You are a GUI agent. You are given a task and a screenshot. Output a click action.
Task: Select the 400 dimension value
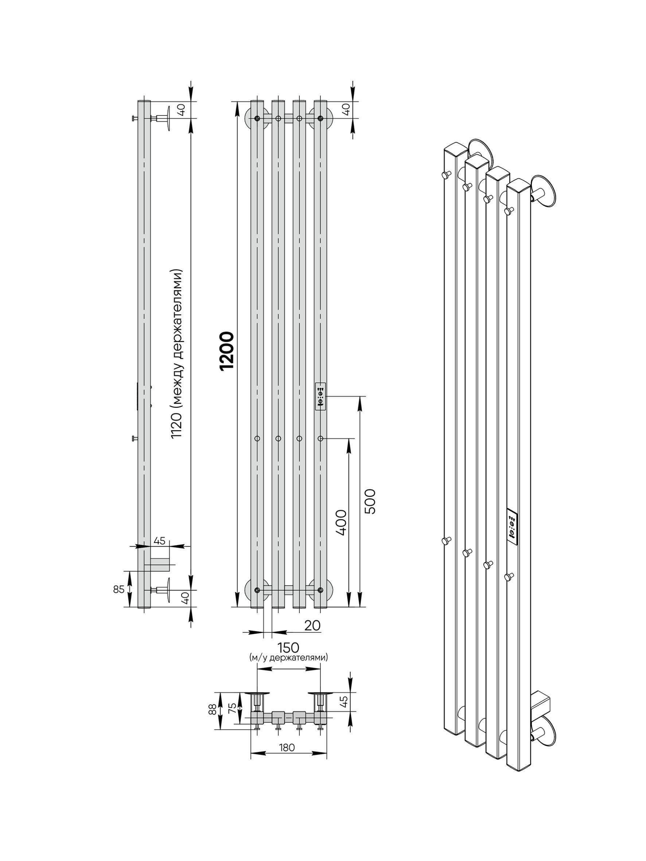[x=340, y=523]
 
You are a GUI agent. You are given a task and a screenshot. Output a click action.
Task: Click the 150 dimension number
[x=288, y=647]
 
